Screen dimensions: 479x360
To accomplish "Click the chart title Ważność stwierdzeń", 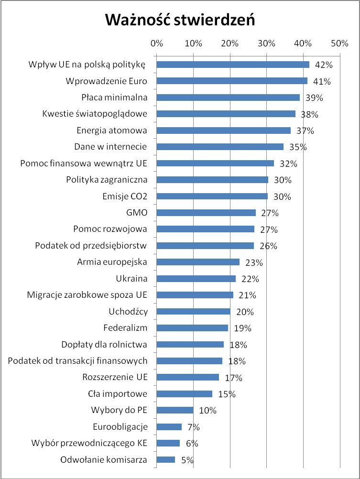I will tap(180, 20).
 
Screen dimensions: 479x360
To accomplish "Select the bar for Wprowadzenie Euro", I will tap(232, 81).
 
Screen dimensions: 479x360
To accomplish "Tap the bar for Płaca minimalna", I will tap(228, 98).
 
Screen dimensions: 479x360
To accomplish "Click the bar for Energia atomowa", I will tap(223, 131).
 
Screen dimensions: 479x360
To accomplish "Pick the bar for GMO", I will tap(206, 213).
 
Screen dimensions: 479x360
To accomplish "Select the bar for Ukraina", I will tap(196, 279).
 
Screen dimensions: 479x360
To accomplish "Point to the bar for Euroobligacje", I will tap(169, 427).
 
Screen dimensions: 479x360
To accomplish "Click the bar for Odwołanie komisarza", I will tap(166, 460).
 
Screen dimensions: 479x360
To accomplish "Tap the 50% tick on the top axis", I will tap(340, 44).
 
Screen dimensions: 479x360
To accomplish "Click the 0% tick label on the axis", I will tap(156, 44).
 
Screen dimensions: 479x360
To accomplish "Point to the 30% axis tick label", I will tap(266, 44).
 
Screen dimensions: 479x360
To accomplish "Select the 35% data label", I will tap(297, 147).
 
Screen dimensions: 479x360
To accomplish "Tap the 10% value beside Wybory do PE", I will tap(207, 411).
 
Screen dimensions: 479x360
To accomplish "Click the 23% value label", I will tap(253, 262).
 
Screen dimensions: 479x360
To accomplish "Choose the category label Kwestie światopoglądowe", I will tap(95, 114).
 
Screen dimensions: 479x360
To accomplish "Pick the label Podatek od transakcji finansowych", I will tap(77, 361).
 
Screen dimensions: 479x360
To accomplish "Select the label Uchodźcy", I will tap(128, 312).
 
